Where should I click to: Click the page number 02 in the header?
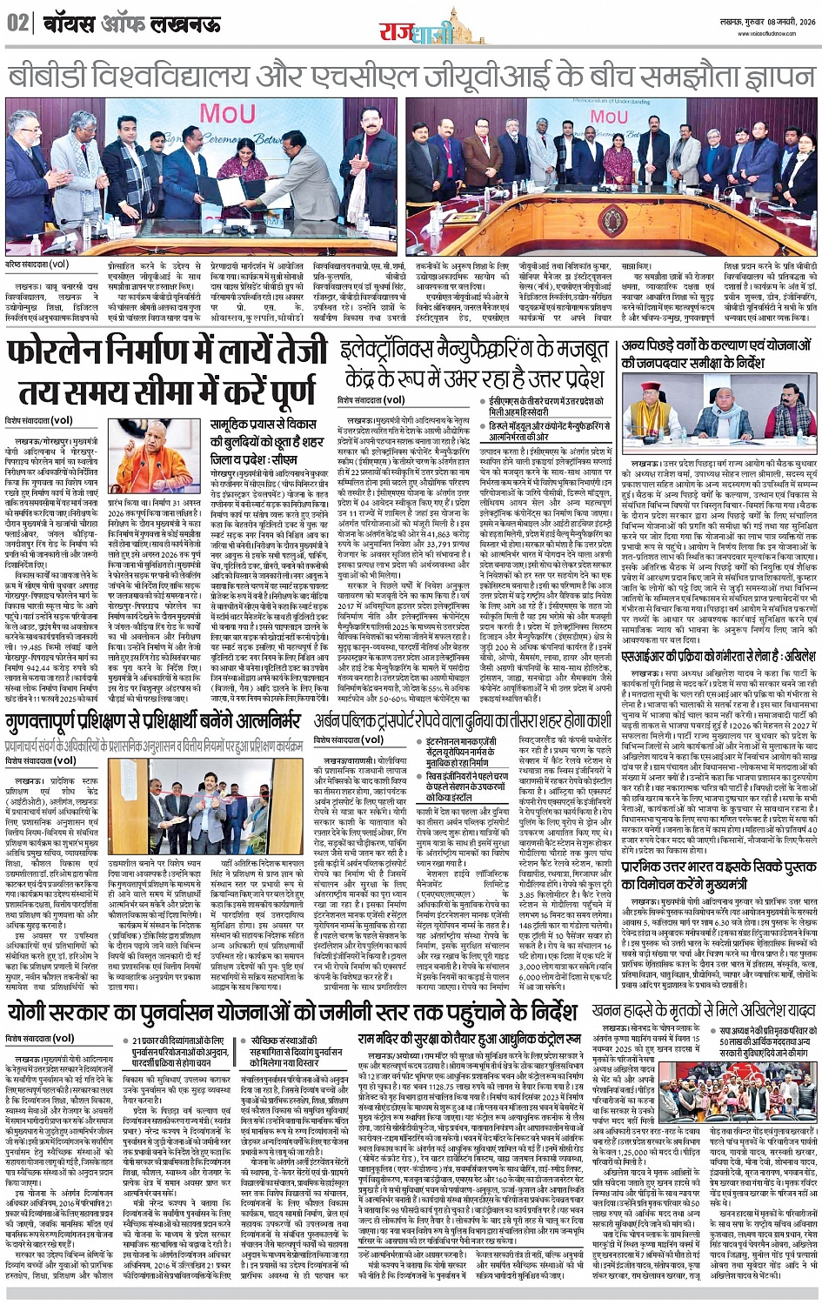[17, 23]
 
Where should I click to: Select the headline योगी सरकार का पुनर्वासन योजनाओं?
[291, 1013]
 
